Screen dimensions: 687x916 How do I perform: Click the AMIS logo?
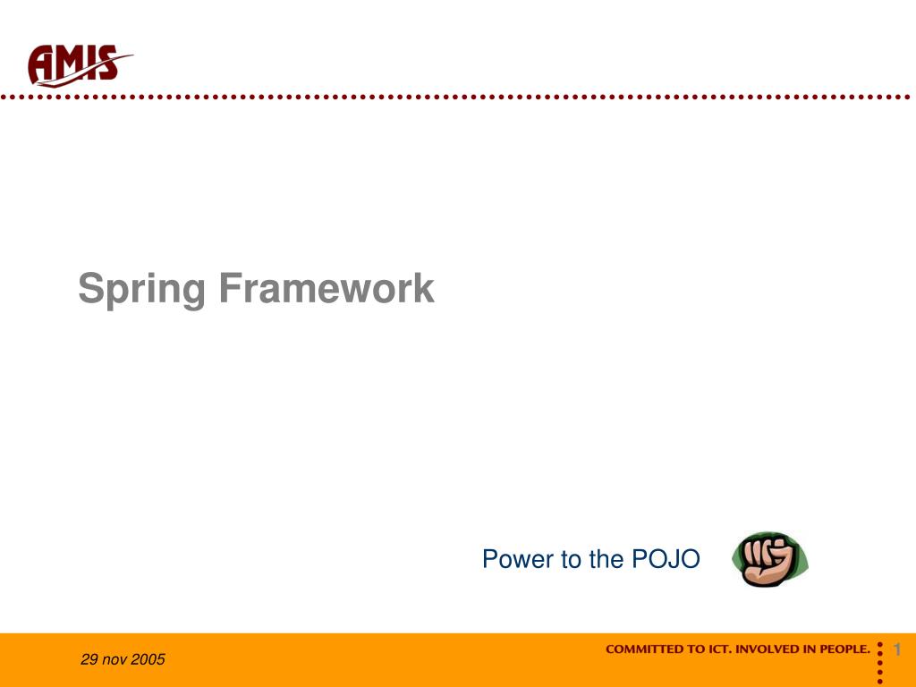coord(79,64)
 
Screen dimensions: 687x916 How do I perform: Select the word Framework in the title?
coord(326,289)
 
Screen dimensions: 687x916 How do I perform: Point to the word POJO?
coord(666,559)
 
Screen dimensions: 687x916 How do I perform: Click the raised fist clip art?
coord(768,559)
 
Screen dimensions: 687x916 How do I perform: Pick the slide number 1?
coord(896,649)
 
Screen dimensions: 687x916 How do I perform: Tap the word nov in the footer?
coord(114,660)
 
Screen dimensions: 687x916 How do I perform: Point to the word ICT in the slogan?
coord(718,649)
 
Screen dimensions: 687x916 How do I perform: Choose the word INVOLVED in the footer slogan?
coord(768,649)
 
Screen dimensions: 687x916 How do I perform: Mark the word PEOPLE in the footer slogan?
coord(843,649)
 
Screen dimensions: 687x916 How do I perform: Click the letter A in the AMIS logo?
coord(42,65)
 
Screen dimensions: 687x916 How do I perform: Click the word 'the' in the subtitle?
coord(606,559)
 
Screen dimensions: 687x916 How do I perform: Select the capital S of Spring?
coord(89,289)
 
